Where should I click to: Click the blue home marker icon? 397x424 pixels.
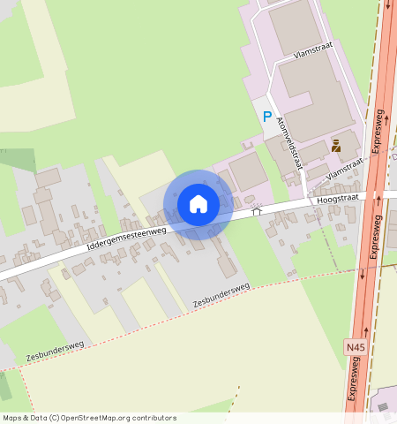click(198, 204)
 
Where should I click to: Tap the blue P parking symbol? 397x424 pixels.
click(266, 116)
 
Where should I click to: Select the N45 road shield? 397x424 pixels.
click(355, 348)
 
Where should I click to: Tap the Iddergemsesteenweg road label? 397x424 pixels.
click(127, 239)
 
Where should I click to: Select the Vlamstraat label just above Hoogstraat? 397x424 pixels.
click(344, 170)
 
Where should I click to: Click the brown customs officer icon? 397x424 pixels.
click(336, 145)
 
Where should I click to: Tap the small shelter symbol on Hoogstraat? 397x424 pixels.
click(257, 211)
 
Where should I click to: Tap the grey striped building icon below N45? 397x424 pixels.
click(385, 406)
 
